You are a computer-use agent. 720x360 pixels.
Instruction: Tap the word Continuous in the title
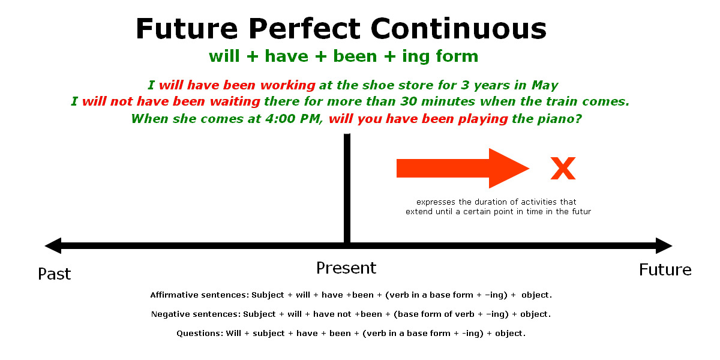[459, 29]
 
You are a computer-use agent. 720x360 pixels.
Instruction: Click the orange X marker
[563, 169]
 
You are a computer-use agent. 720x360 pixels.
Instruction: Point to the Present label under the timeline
[346, 268]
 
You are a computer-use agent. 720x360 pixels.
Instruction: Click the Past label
[55, 274]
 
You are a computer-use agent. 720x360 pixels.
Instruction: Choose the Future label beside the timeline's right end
[665, 270]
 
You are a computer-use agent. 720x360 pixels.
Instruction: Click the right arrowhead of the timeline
[663, 245]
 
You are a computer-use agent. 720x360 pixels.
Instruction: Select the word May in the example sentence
[545, 85]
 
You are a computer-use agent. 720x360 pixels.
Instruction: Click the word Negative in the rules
[172, 314]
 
